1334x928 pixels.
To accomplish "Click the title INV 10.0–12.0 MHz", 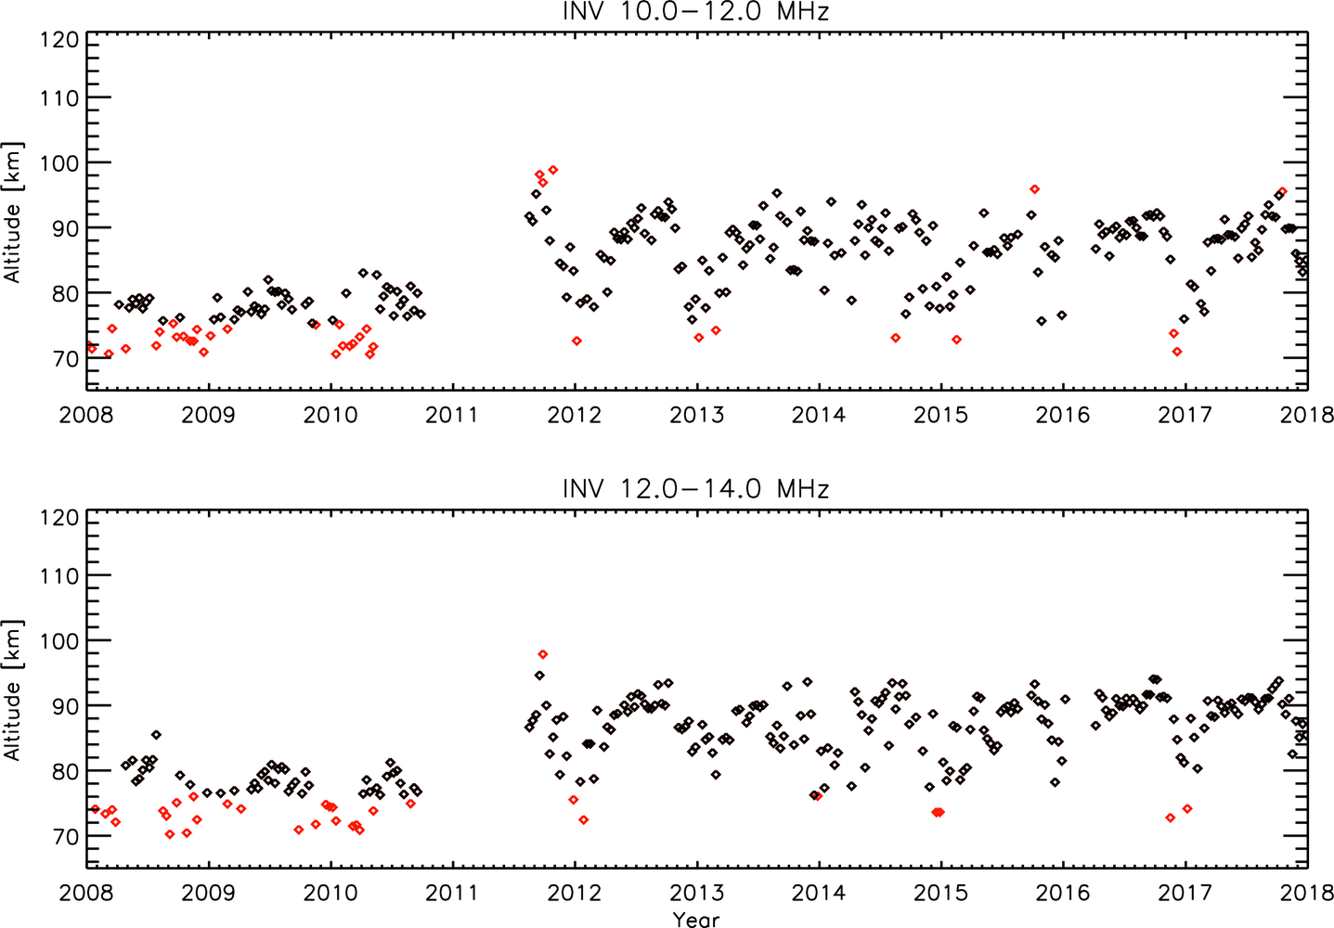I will [x=695, y=12].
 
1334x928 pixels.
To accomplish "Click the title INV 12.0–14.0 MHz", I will [x=695, y=489].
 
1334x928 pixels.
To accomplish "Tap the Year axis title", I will [x=696, y=919].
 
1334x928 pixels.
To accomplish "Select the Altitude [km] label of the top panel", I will [x=12, y=213].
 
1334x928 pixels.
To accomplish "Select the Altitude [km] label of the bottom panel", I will [x=12, y=690].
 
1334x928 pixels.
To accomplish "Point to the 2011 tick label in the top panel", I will [x=451, y=415].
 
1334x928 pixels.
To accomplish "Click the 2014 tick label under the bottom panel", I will [x=818, y=893].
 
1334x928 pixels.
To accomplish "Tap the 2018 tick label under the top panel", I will [x=1306, y=415].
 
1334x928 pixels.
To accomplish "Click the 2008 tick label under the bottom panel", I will [x=86, y=893].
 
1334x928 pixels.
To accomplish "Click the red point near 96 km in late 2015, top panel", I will [x=1034, y=189].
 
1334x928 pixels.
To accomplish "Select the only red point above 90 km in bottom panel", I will [x=543, y=655].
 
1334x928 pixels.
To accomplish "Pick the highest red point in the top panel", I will [x=553, y=170].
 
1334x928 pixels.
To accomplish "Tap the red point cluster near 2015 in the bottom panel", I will [x=938, y=812].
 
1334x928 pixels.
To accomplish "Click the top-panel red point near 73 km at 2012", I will [x=576, y=342].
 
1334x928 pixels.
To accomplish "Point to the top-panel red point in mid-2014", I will [x=895, y=338].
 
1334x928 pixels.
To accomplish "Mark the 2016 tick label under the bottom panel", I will [x=1062, y=893].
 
